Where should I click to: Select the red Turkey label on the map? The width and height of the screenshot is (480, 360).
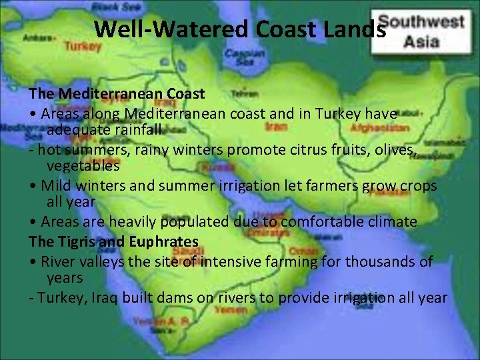(83, 47)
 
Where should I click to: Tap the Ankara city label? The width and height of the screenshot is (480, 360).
(37, 38)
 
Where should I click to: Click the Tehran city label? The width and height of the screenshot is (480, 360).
(245, 93)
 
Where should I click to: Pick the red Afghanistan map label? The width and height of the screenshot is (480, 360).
(379, 127)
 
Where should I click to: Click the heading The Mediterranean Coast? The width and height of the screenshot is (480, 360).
(117, 93)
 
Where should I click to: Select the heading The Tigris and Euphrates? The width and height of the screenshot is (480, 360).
(113, 241)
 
